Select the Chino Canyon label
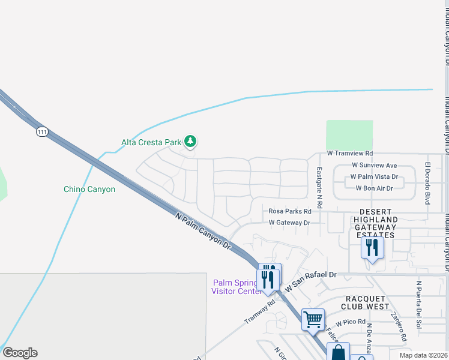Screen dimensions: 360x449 89,190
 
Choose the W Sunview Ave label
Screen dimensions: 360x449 375,165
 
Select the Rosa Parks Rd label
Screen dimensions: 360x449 290,211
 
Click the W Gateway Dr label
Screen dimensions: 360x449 289,223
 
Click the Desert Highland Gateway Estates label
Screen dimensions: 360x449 376,224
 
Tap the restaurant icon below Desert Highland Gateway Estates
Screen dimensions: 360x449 372,248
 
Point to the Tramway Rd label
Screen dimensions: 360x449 259,311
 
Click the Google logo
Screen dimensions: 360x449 20,353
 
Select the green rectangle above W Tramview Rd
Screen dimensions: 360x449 349,136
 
